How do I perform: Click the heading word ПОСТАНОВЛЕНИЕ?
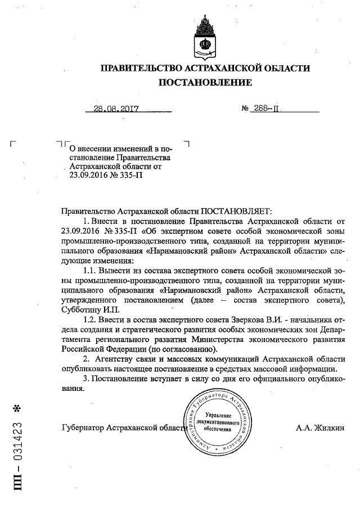coord(205,83)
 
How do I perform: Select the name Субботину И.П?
coord(88,309)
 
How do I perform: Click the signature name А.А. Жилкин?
coord(320,427)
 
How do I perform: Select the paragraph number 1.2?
coord(88,319)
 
